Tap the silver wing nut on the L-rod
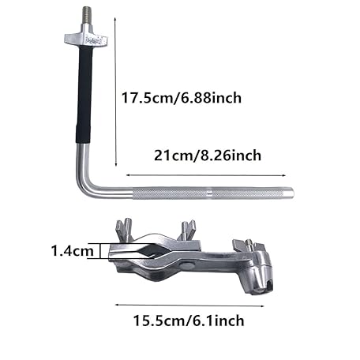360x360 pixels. click(86, 38)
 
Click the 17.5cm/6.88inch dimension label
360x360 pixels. click(182, 98)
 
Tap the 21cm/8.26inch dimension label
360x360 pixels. click(208, 156)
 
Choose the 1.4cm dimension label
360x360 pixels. click(73, 250)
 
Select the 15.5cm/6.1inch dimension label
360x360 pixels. click(189, 321)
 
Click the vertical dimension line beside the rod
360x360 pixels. click(115, 92)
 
